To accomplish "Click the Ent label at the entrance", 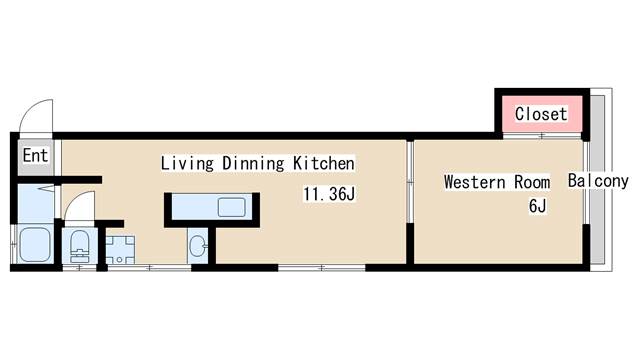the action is [36, 155].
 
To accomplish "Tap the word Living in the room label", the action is [187, 163].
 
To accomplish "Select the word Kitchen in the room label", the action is [324, 163].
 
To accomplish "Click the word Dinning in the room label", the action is [253, 163].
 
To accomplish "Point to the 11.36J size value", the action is [329, 194].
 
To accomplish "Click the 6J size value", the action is [537, 206].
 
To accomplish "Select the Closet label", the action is [541, 114].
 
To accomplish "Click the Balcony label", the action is [598, 180].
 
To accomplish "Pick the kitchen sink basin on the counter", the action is [231, 207].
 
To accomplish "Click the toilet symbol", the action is [80, 246].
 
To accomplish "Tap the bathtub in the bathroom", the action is [35, 244].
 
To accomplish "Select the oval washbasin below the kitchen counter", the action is [199, 246].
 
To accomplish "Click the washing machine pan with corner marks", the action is [120, 250].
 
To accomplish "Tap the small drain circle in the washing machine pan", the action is [119, 260].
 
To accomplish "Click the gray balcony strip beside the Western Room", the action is [598, 180].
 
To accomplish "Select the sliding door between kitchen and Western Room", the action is [410, 182].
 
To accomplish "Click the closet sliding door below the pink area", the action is [542, 136].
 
